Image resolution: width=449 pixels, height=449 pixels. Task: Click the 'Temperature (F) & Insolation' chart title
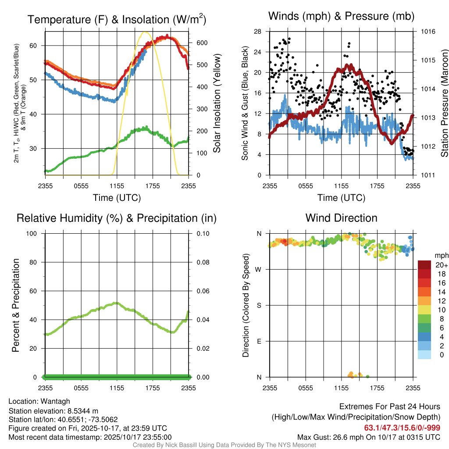(x=117, y=20)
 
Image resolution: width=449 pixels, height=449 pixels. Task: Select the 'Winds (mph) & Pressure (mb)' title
(x=341, y=16)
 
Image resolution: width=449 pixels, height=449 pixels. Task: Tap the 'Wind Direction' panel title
(x=341, y=218)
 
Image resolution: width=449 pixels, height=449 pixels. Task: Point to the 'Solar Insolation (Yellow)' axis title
(x=217, y=103)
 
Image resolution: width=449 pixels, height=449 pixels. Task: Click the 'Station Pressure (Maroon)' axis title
(x=444, y=103)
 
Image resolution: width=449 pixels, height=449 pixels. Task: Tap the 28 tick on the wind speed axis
(x=257, y=32)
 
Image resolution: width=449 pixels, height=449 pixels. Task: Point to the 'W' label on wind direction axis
(x=259, y=269)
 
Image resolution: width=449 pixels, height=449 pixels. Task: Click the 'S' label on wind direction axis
(x=259, y=305)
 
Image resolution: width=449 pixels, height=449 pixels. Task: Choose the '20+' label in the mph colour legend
(x=442, y=265)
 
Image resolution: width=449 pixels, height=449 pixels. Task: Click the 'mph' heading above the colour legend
(x=441, y=255)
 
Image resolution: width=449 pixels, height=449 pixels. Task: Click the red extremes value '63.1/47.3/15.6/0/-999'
(x=402, y=428)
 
